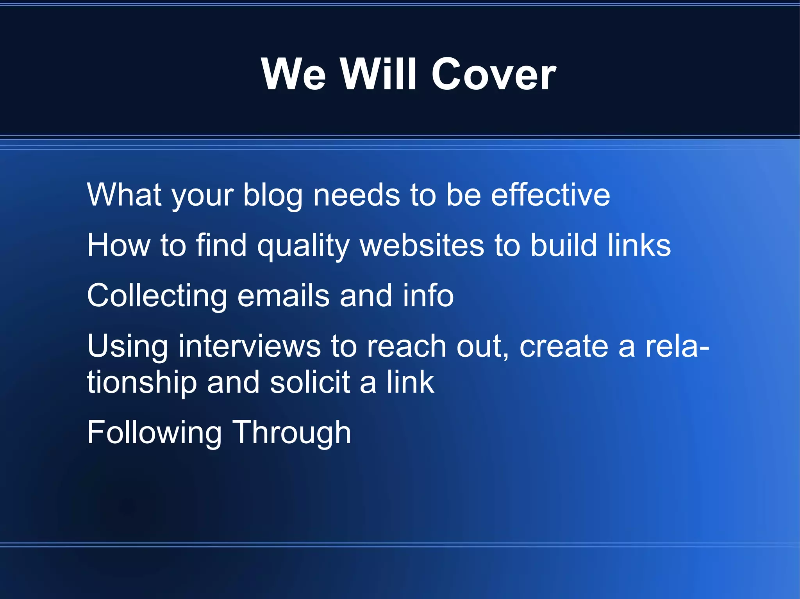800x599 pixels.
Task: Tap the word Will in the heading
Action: tap(378, 74)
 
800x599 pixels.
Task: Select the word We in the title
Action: tap(293, 74)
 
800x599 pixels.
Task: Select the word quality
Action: tap(303, 246)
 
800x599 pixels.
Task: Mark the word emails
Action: tap(284, 296)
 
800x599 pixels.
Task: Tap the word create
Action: tap(564, 346)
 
